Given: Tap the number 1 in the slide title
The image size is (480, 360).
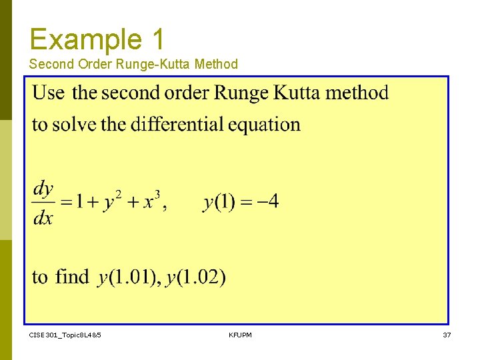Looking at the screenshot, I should (157, 39).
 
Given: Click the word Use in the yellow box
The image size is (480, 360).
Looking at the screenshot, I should (49, 93).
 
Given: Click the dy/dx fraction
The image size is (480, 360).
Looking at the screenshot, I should (43, 203).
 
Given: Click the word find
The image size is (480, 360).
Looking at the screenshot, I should (71, 276).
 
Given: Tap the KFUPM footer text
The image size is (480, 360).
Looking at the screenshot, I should (240, 335).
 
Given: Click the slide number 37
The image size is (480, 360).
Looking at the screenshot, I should (447, 335).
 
